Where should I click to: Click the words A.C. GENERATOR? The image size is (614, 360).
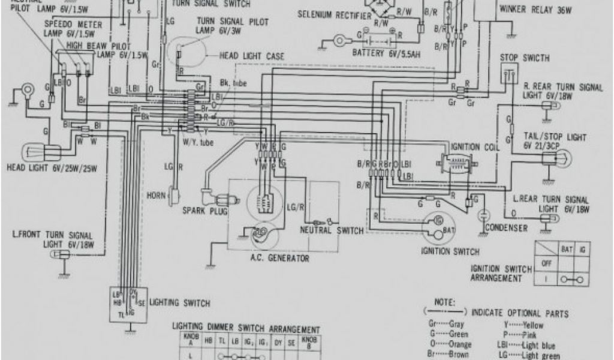[x=280, y=259]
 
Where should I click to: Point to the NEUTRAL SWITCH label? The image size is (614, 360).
[x=332, y=231]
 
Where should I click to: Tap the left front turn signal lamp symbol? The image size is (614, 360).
[x=59, y=255]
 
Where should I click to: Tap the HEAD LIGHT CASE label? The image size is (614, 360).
[x=251, y=56]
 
